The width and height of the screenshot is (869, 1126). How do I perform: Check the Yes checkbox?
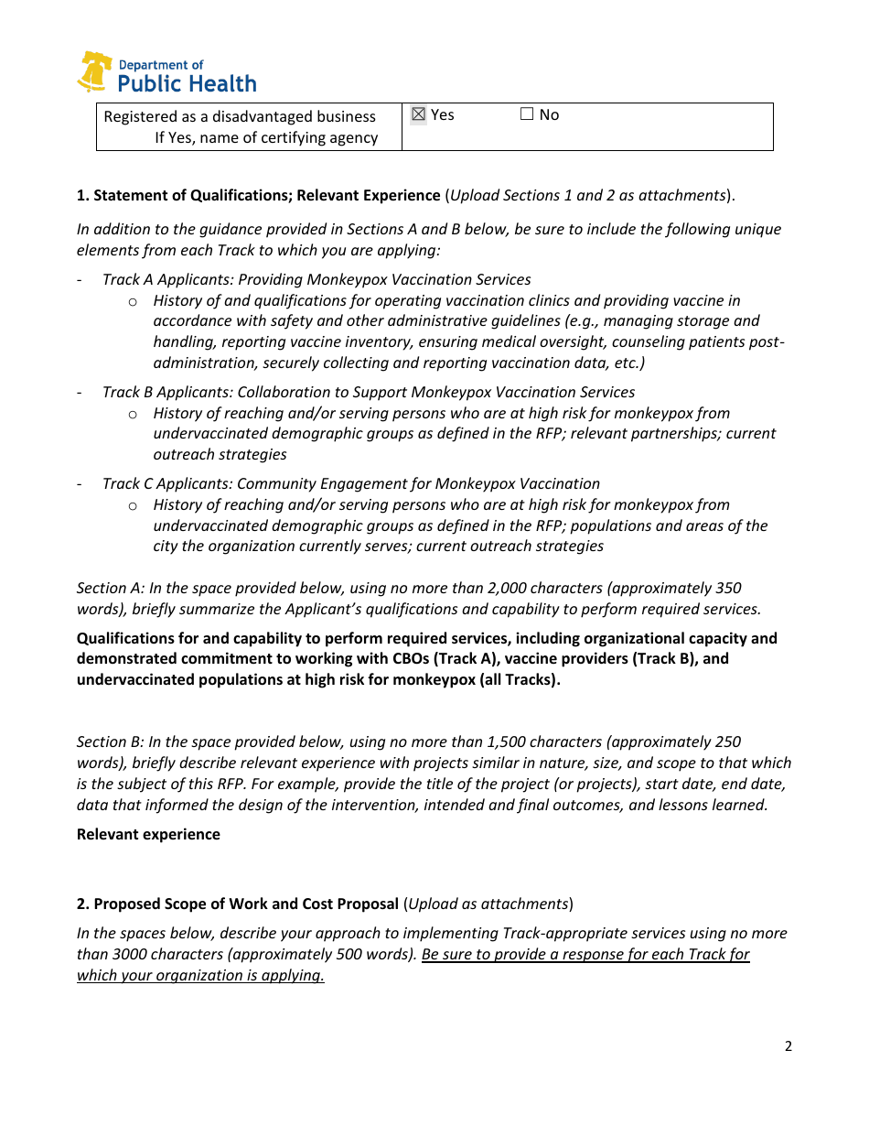coord(418,114)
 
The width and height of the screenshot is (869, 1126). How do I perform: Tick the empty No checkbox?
coord(527,114)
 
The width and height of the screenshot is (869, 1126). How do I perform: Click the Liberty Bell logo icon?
coord(94,72)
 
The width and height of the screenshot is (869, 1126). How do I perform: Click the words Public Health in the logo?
coord(188,84)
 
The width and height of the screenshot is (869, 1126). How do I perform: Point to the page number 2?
coord(789,1046)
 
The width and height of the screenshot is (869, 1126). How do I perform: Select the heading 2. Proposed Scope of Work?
coord(237,904)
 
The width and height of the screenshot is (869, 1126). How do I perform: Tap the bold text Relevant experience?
coord(148,834)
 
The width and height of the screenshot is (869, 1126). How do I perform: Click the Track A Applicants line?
coord(316,279)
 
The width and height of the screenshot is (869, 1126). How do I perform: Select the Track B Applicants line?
coord(368,392)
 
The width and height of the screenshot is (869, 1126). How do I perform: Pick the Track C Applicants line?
coord(350,483)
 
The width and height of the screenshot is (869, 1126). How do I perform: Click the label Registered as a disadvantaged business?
coord(240,116)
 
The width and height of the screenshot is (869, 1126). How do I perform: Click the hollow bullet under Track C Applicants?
coord(133,505)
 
